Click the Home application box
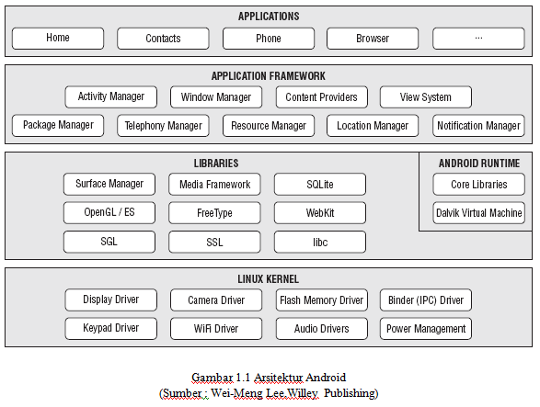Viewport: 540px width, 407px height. click(58, 39)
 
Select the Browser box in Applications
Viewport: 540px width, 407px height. click(373, 39)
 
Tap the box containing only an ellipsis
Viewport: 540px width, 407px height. click(478, 39)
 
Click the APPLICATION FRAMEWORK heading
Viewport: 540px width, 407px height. click(269, 76)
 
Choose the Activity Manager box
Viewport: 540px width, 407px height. click(111, 96)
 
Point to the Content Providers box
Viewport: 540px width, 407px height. click(322, 96)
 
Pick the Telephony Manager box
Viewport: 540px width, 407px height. click(163, 126)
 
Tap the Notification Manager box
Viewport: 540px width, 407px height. click(478, 126)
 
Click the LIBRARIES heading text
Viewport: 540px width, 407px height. click(216, 163)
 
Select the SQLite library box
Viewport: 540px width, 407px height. click(320, 184)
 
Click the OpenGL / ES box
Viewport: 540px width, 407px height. click(109, 212)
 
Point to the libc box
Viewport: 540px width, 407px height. click(320, 242)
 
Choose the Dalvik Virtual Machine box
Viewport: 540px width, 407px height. click(478, 212)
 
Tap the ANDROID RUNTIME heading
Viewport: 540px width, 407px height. click(479, 163)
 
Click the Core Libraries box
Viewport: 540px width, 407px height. click(478, 184)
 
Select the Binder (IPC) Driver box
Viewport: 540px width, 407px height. click(426, 300)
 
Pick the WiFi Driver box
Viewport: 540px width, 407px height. click(216, 329)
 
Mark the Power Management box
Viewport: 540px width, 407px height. click(426, 329)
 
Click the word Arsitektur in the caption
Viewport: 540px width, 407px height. click(278, 378)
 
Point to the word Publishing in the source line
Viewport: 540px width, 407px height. click(351, 393)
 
